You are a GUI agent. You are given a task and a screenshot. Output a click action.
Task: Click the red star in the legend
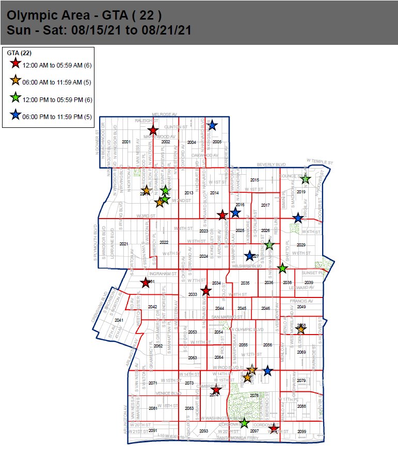15,63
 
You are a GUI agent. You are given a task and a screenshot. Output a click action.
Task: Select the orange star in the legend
15,80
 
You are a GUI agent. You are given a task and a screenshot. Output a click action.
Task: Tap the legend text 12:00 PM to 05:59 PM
57,99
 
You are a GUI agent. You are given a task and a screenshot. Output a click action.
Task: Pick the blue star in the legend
15,116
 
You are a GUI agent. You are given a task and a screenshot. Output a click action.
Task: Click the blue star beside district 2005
212,125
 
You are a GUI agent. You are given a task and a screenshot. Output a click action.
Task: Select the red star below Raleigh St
152,131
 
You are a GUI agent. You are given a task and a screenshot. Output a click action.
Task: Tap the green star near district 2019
305,179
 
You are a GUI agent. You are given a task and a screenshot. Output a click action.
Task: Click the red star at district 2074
216,391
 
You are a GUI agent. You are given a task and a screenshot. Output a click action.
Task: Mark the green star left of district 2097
244,423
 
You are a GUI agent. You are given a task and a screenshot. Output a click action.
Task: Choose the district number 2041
119,320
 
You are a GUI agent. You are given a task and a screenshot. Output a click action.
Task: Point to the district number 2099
302,431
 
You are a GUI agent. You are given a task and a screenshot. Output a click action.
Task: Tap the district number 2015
254,180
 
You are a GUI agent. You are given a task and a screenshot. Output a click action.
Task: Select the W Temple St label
320,161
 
